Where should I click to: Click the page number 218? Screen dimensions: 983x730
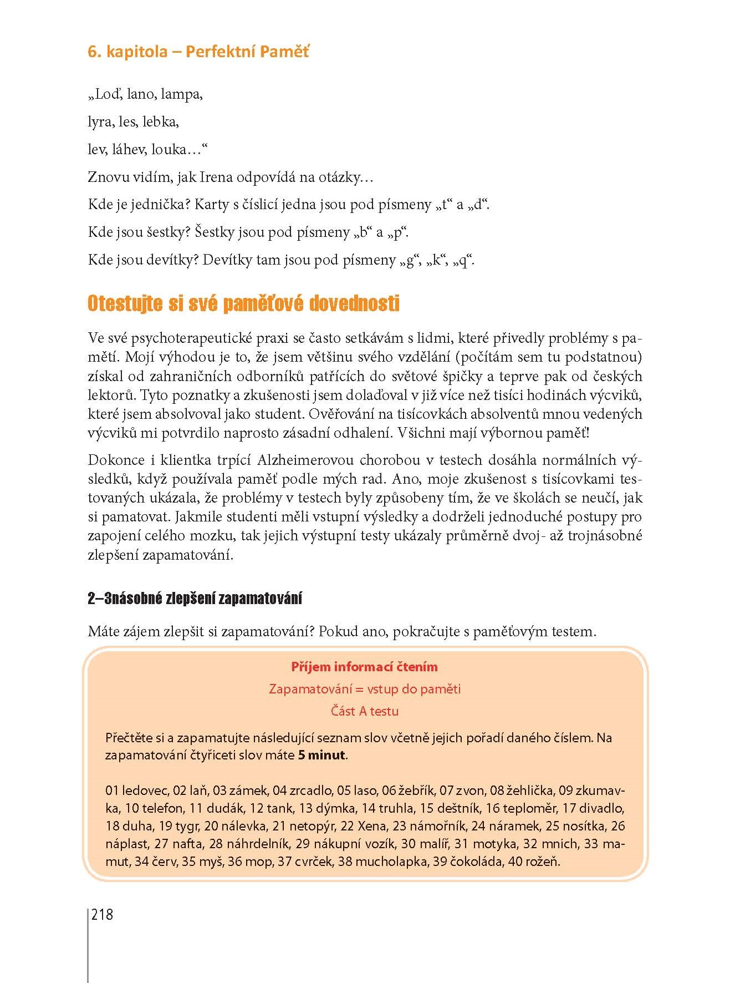(102, 914)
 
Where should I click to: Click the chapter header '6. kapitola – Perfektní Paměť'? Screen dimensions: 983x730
(198, 52)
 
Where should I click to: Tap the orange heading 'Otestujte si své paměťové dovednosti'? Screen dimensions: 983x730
(243, 304)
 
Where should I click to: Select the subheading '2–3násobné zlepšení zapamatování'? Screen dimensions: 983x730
(195, 599)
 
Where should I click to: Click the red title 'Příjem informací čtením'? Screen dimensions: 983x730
(364, 667)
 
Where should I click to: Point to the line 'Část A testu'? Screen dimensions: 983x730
(364, 711)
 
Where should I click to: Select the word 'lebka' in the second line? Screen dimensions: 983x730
(160, 122)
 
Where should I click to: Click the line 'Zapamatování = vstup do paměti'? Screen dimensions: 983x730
(364, 689)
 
